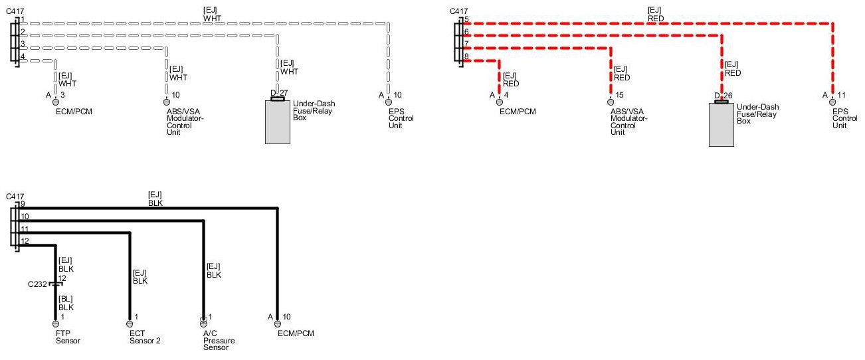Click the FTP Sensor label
(68, 337)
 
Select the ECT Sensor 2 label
(145, 337)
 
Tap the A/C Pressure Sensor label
(220, 341)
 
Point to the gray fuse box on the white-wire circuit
(278, 122)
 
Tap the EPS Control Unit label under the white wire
(401, 118)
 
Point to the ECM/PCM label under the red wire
(517, 112)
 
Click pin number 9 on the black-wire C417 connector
(22, 204)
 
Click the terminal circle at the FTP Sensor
(55, 323)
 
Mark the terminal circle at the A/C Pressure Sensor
(203, 323)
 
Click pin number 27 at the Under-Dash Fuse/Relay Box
(284, 92)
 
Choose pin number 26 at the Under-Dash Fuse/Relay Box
(727, 96)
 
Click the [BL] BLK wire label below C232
(66, 304)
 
